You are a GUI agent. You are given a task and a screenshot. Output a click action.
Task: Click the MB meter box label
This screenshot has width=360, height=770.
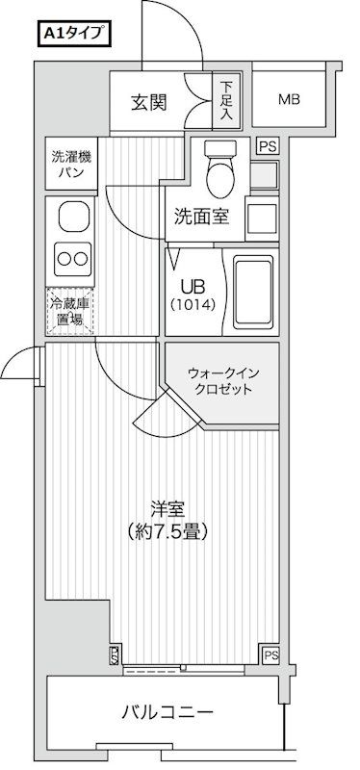(x=290, y=100)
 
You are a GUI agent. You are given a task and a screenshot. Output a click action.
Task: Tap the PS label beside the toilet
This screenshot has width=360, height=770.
(x=267, y=146)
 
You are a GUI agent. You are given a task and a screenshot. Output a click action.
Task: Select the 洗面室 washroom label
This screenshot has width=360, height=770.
(x=201, y=217)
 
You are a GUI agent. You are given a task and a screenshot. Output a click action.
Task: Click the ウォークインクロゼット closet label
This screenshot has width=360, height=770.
(x=220, y=381)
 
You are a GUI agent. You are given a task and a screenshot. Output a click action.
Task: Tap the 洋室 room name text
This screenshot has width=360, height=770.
(x=164, y=509)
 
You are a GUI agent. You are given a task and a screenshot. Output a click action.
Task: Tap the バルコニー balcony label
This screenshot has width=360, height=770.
(x=166, y=713)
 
